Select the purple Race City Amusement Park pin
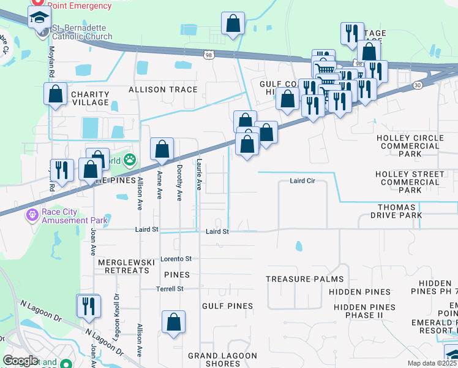[31, 215]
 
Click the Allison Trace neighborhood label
[163, 90]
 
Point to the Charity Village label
[90, 99]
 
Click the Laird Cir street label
[301, 182]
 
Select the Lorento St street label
[176, 259]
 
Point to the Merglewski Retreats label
[126, 266]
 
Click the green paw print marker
[130, 161]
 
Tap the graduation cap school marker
[40, 18]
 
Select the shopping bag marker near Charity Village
[56, 94]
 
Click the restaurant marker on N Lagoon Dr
[88, 305]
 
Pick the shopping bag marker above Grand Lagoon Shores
[174, 321]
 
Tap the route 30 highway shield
[418, 85]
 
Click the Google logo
[20, 361]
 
